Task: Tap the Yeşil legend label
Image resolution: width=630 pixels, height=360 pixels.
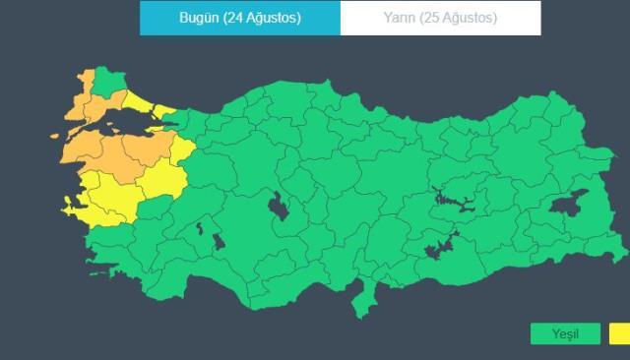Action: point(564,334)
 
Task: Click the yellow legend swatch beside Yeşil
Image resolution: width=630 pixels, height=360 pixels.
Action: point(620,334)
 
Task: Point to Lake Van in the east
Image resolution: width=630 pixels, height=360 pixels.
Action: point(569,204)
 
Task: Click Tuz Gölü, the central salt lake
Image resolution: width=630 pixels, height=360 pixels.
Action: point(278,209)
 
